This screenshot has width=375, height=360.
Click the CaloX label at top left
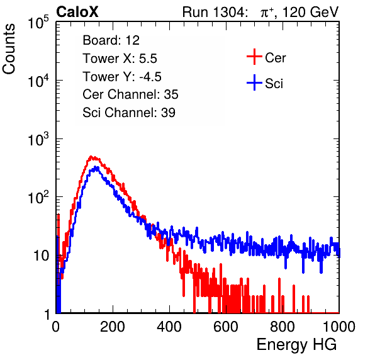point(77,12)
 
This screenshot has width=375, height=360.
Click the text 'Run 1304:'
point(215,12)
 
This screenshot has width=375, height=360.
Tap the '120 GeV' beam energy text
point(310,12)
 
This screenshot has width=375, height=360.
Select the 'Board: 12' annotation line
point(111,40)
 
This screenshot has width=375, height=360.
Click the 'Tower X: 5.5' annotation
point(120,59)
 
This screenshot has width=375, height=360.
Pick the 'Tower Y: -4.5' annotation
point(122,77)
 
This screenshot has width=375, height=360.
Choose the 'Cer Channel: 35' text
point(130,94)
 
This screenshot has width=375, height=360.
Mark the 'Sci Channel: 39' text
point(129,113)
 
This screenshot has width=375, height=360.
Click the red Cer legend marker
point(254,57)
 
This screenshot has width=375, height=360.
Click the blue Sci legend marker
point(254,83)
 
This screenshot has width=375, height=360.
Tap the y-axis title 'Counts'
point(9,49)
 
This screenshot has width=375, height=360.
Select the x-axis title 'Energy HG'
point(296,344)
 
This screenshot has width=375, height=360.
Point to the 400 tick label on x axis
point(169,327)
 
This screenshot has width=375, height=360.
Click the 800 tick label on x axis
point(283,327)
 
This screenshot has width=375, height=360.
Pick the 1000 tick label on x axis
point(339,327)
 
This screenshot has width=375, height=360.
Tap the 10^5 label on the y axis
point(38,22)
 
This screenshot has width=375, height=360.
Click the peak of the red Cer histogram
point(91,157)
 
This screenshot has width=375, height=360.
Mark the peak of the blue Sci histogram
point(96,167)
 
